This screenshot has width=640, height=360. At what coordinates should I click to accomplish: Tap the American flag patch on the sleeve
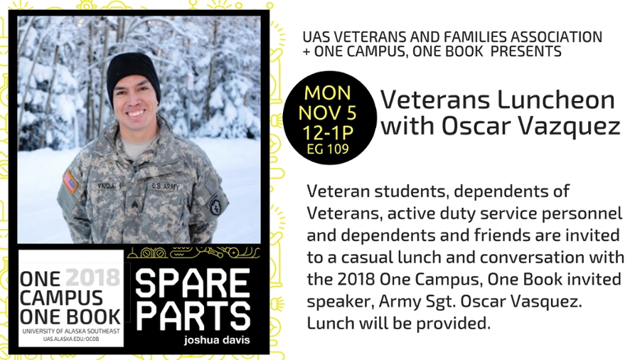70,182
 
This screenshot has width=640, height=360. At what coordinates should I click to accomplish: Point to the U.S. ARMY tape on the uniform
165,186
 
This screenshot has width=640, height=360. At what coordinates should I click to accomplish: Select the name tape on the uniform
108,186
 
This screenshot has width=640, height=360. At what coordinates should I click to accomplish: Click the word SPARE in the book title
193,282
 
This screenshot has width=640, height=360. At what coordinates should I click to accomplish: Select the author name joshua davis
217,340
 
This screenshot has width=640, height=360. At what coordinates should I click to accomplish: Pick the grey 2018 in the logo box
93,277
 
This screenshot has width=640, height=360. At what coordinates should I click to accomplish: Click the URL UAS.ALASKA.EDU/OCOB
71,339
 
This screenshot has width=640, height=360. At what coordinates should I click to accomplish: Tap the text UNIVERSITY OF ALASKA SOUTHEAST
71,331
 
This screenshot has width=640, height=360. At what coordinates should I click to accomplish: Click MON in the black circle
327,93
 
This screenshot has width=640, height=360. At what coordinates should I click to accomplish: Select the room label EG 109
328,149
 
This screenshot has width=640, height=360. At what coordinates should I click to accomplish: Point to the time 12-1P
328,132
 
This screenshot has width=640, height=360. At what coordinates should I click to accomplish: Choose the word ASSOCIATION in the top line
556,37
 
